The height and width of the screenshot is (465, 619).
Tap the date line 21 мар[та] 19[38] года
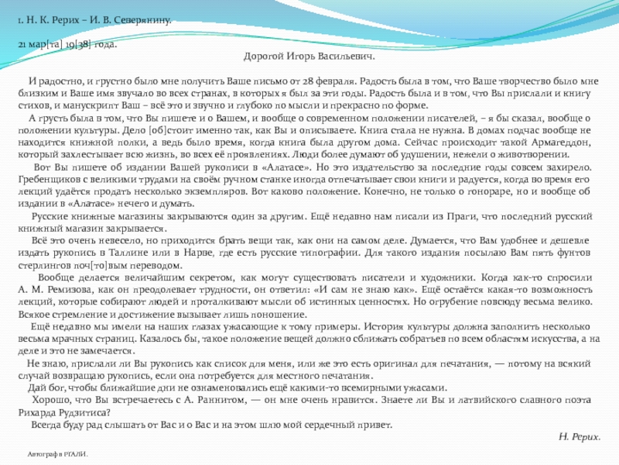point(68,44)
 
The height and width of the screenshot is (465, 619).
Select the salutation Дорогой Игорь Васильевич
point(309,57)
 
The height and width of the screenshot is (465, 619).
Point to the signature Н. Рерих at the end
point(579,437)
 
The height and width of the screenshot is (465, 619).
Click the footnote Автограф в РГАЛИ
point(57,453)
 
